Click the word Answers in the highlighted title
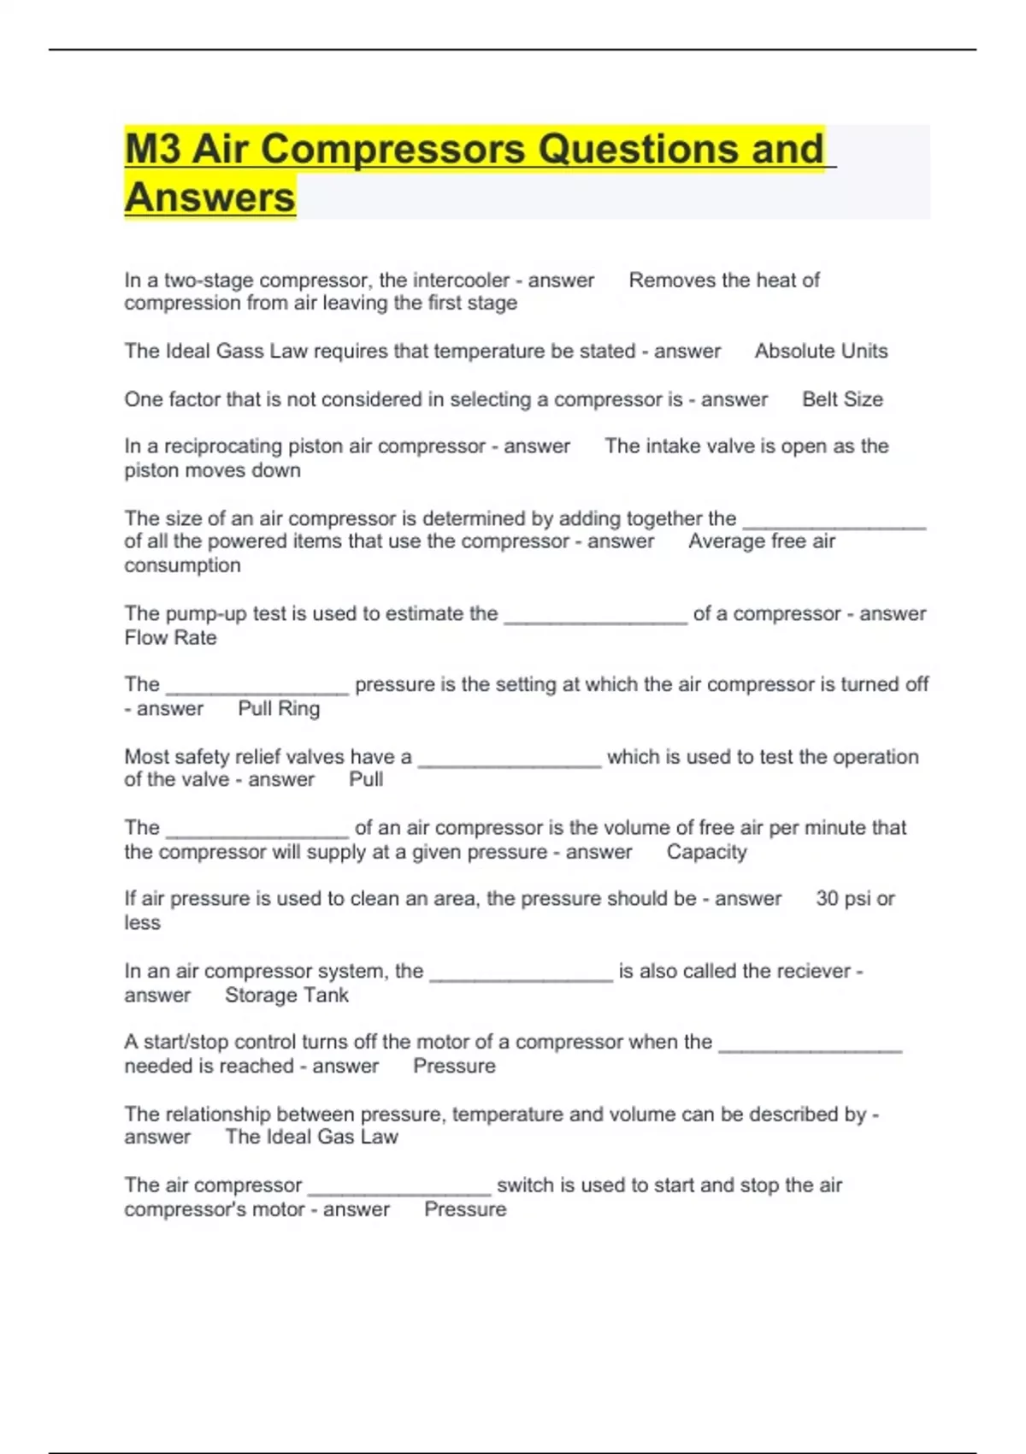[210, 198]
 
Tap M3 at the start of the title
[154, 149]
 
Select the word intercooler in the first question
[461, 281]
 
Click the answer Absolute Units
[821, 352]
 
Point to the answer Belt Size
[842, 399]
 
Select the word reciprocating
[222, 446]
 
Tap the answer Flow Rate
[170, 638]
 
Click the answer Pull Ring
[279, 709]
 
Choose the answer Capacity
[706, 852]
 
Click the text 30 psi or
[855, 899]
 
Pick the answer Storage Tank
[286, 996]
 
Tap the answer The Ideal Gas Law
[311, 1138]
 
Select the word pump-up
[198, 614]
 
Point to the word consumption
[182, 566]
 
